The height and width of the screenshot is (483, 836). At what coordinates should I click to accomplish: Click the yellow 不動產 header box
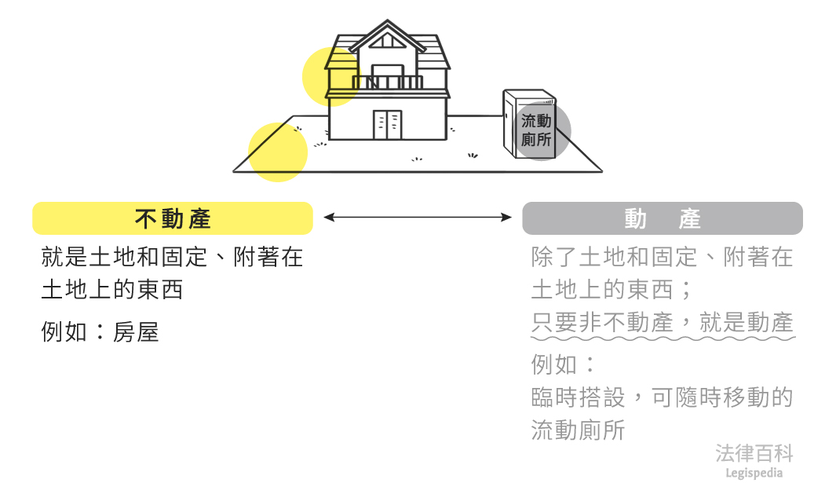173,218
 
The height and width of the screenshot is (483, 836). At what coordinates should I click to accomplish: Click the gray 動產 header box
662,218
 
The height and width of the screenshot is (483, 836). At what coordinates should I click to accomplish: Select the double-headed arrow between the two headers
418,217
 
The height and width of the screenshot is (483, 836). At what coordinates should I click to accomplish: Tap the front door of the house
388,124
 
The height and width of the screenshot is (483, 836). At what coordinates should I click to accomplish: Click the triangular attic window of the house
386,41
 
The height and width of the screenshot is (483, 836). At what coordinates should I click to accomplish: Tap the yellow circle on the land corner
277,152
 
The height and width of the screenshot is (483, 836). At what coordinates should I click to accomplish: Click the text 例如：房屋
100,332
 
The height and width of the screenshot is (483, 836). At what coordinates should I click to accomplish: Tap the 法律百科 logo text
754,453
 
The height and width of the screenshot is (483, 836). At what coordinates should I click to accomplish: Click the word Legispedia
754,472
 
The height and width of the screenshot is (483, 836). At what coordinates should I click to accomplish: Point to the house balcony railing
388,82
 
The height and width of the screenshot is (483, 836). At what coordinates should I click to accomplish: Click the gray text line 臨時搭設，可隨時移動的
662,397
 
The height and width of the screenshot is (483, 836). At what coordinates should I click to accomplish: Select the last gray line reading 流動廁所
578,430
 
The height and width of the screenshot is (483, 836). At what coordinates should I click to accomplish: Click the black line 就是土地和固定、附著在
172,257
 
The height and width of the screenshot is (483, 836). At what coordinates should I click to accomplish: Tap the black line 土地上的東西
111,290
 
